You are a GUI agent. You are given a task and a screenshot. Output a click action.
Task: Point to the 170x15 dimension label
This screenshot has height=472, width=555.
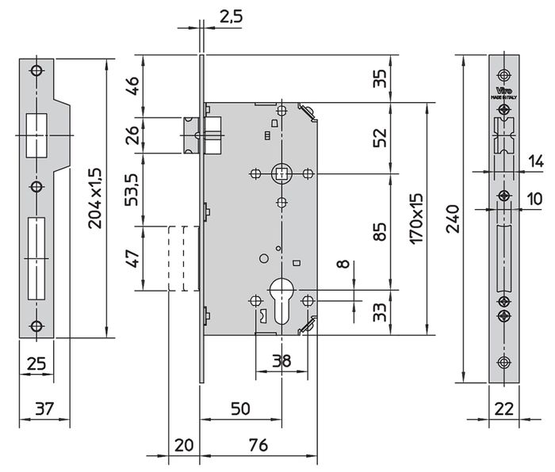[x=419, y=218]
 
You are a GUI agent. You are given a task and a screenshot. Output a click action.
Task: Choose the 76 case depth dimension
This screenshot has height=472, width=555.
[x=258, y=445]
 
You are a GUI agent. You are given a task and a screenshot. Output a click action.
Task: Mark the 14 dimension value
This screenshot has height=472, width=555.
[x=536, y=161]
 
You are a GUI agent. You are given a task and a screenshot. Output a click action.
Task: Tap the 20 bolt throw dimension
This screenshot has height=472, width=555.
[x=184, y=445]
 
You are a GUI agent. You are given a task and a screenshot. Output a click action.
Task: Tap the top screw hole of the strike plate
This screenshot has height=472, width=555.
[x=36, y=71]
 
